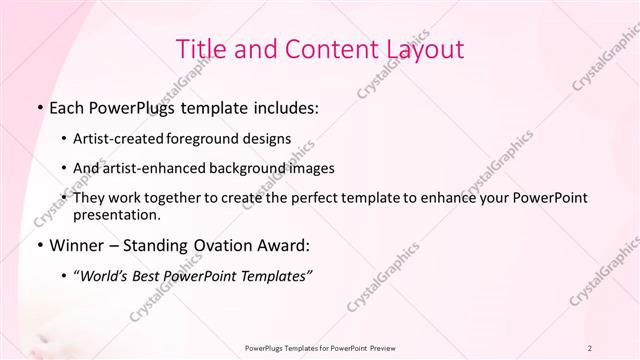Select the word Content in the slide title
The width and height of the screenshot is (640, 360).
(x=326, y=49)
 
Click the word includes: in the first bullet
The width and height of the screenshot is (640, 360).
(x=283, y=107)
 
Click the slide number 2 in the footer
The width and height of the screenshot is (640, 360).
(x=590, y=347)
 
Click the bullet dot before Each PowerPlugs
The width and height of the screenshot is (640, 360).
(x=39, y=107)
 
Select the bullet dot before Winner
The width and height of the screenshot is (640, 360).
(x=39, y=245)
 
